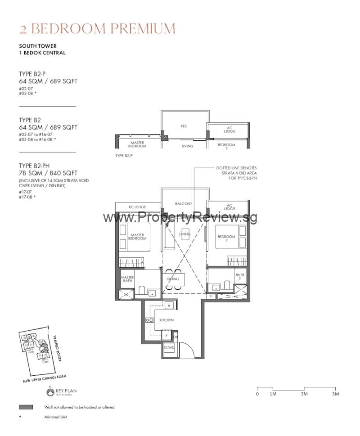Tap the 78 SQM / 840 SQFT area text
pos(48,173)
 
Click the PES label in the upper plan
pos(184,126)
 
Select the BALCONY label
pos(184,204)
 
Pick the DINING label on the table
pos(173,279)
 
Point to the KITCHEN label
pos(166,320)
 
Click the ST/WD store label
pos(169,347)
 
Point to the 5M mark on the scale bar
pos(335,394)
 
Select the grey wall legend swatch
pos(26,407)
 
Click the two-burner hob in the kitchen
pos(149,320)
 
